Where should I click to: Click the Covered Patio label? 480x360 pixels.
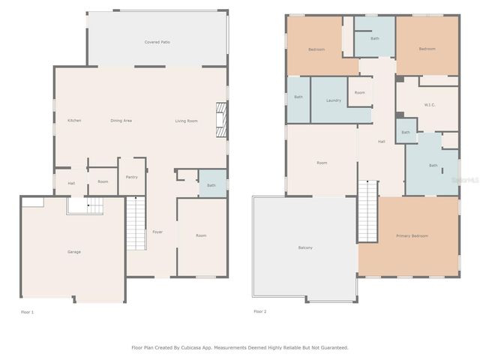157,43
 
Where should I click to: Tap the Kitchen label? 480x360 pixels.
74,121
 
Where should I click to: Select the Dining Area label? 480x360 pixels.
121,121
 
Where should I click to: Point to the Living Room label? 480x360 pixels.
187,121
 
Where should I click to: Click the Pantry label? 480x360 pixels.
132,177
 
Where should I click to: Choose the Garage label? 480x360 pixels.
74,252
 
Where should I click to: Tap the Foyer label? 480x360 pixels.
157,232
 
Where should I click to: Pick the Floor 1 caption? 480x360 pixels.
28,311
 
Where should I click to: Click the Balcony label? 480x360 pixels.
305,247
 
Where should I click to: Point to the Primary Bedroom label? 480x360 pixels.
412,236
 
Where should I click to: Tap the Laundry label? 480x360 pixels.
334,100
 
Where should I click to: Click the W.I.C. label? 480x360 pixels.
430,104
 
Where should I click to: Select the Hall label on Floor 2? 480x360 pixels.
381,141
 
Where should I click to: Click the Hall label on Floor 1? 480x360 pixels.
71,182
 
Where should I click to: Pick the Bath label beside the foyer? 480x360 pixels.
211,185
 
